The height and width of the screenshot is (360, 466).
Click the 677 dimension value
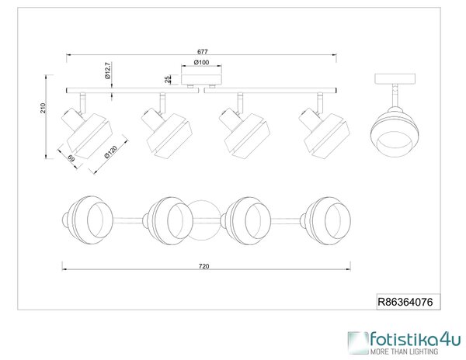pyautogui.click(x=203, y=52)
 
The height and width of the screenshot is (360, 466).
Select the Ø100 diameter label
pyautogui.click(x=201, y=62)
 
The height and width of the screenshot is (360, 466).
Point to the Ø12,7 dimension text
pyautogui.click(x=108, y=71)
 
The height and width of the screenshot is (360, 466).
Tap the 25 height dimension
pyautogui.click(x=168, y=79)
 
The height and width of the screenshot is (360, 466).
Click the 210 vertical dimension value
pyautogui.click(x=43, y=108)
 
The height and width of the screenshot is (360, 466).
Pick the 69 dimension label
pyautogui.click(x=71, y=159)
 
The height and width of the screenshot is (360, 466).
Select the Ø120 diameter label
pyautogui.click(x=111, y=152)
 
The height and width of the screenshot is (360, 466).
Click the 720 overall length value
pyautogui.click(x=203, y=266)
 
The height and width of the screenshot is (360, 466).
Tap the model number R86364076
pyautogui.click(x=405, y=302)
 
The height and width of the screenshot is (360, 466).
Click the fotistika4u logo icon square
pyautogui.click(x=358, y=343)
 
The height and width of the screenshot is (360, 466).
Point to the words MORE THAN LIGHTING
pyautogui.click(x=404, y=351)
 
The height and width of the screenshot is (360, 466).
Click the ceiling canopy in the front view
pyautogui.click(x=202, y=76)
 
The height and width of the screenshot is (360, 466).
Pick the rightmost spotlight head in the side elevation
pyautogui.click(x=325, y=132)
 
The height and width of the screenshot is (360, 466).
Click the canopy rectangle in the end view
pyautogui.click(x=395, y=78)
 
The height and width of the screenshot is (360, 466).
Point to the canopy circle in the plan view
pyautogui.click(x=205, y=220)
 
